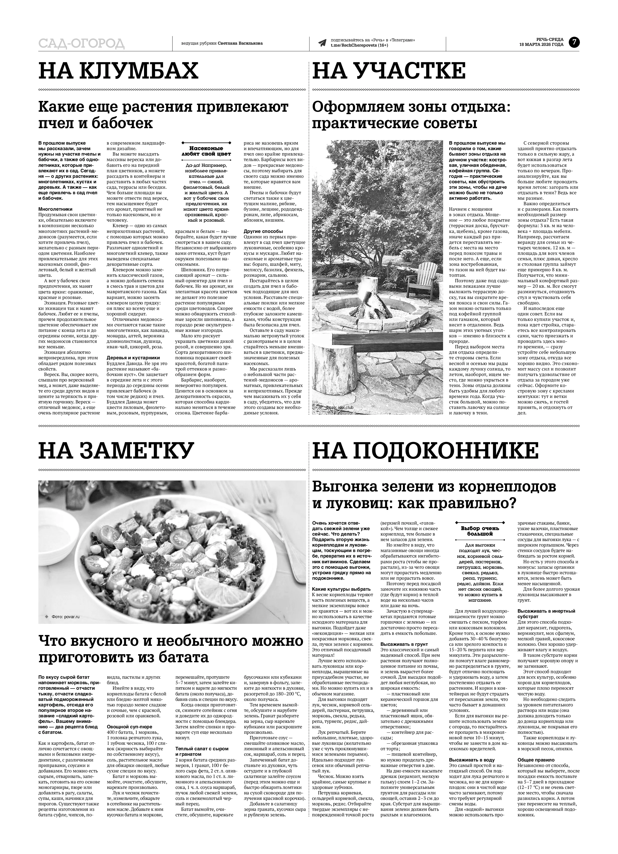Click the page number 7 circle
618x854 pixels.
[x=574, y=42]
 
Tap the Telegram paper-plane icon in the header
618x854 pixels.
[x=322, y=43]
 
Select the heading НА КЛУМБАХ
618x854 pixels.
[x=118, y=71]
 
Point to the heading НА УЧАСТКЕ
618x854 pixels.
[x=389, y=71]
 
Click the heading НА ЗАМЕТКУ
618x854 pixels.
[x=116, y=450]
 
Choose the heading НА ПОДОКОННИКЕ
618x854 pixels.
[x=425, y=450]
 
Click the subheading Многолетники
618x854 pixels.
[x=55, y=209]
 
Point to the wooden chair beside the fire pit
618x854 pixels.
[x=423, y=279]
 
